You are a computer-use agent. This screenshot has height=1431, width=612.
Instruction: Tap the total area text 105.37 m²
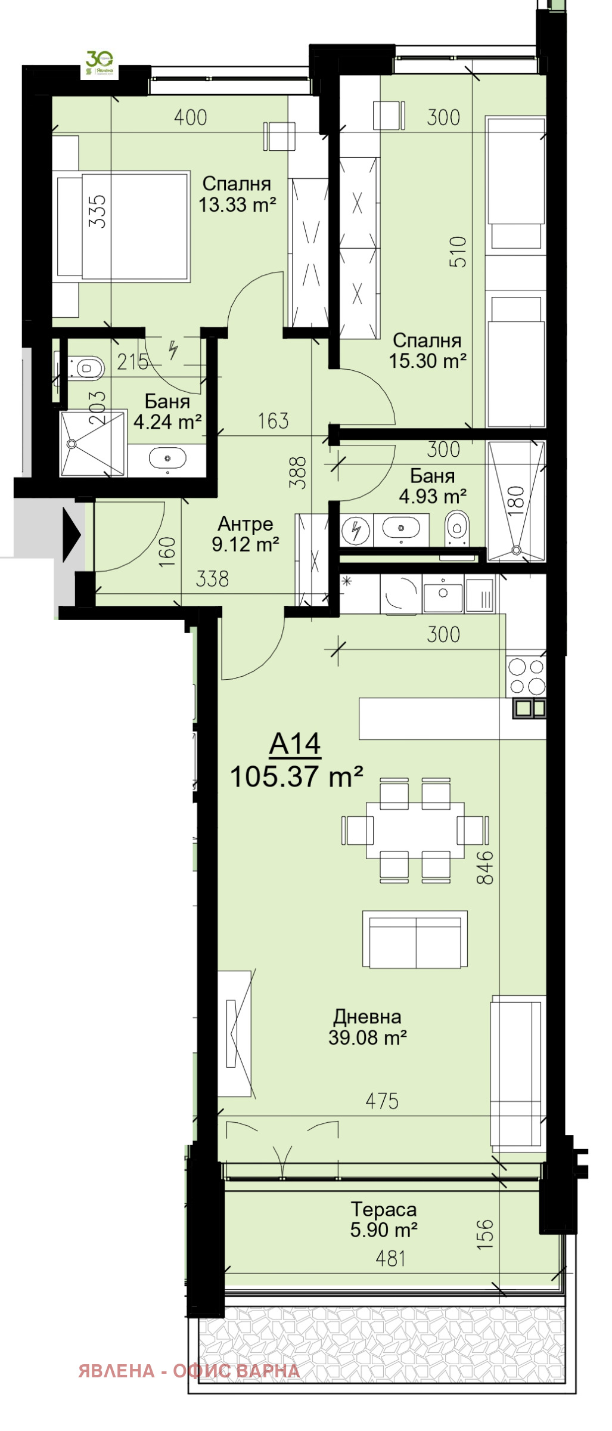296,777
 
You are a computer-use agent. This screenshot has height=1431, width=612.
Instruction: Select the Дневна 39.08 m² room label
367,1027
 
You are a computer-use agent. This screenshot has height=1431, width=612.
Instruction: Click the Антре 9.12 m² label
245,534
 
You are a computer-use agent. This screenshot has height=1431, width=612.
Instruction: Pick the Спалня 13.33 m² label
237,194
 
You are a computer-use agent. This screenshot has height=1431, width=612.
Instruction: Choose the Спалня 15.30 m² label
427,351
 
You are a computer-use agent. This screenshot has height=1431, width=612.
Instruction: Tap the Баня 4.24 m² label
167,411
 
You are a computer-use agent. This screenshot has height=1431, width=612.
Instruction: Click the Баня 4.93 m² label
432,486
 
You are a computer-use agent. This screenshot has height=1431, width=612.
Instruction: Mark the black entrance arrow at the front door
72,535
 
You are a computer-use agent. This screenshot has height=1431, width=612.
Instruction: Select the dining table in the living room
415,829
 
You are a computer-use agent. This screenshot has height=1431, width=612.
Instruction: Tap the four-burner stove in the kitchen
526,676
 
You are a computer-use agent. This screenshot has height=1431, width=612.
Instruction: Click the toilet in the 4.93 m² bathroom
457,526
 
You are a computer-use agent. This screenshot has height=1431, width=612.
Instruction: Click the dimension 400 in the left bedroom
190,117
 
